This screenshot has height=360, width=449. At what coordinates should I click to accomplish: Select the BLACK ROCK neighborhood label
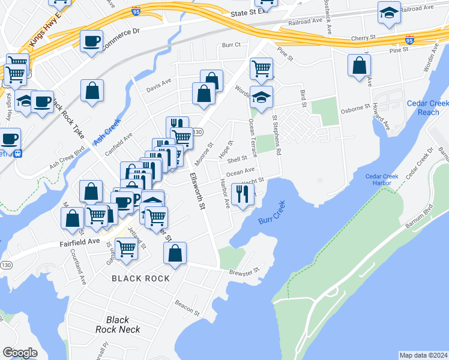point(140,278)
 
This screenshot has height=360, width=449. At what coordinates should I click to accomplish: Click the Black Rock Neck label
point(118,325)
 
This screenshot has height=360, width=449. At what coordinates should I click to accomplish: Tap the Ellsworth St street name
point(197,191)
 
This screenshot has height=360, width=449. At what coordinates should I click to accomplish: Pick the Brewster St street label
point(244,271)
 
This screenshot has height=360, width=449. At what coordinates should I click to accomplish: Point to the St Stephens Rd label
point(277,135)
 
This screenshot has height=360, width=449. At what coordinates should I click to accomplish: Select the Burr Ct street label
point(231,44)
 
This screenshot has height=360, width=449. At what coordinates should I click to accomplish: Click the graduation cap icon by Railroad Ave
point(389,12)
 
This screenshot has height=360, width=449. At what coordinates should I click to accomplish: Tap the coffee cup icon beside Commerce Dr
point(91,41)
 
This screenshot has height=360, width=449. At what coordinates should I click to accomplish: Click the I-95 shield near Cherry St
point(409,41)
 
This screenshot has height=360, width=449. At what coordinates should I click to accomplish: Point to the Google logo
point(20,352)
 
